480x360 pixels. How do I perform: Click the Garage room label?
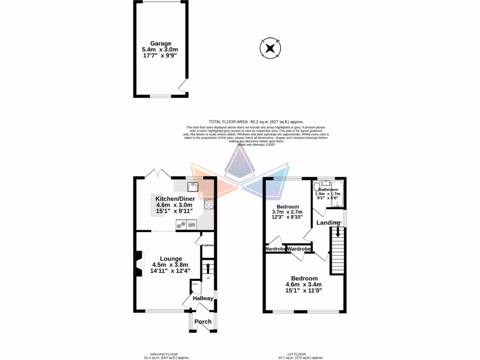coord(160,44)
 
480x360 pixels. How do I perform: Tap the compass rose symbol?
coord(270,48)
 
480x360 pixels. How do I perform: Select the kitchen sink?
coord(193,187)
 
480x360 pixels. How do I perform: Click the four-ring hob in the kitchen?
coord(209,205)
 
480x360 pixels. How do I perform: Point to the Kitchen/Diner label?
coord(175,199)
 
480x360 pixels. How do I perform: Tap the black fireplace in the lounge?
coord(138,265)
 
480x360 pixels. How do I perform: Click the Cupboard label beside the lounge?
coord(208,245)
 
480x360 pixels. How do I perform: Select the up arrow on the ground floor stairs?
coord(208,269)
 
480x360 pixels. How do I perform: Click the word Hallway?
coord(203,299)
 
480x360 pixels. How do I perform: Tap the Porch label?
coord(203,322)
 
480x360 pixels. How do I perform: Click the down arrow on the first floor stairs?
coord(338,231)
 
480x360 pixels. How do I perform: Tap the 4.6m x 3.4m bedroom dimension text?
coord(304,285)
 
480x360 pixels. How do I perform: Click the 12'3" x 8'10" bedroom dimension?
coord(287,217)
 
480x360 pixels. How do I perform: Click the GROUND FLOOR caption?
coord(164,354)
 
